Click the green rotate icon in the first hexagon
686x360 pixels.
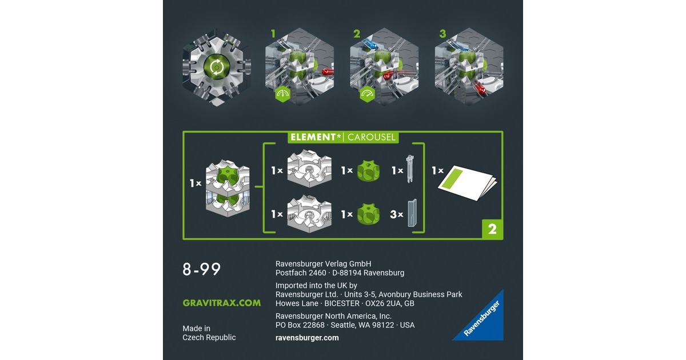[x=217, y=66]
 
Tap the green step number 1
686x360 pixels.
[x=273, y=34]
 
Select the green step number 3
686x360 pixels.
[x=442, y=34]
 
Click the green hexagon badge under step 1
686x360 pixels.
[x=282, y=94]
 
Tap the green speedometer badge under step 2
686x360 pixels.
[x=367, y=94]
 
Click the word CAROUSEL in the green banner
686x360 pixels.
[x=371, y=137]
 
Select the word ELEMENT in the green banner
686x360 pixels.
[x=313, y=137]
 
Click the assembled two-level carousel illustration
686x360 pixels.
[x=228, y=187]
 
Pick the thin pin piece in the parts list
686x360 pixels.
[x=410, y=169]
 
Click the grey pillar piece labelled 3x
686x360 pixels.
[x=412, y=213]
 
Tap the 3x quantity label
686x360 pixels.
[x=397, y=214]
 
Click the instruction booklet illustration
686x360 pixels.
[x=468, y=183]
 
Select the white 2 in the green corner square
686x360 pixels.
[x=492, y=229]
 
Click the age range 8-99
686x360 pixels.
[x=201, y=269]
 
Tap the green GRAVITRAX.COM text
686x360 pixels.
[x=222, y=303]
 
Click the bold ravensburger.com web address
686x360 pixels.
[x=307, y=338]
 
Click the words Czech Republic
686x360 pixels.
[x=209, y=337]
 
